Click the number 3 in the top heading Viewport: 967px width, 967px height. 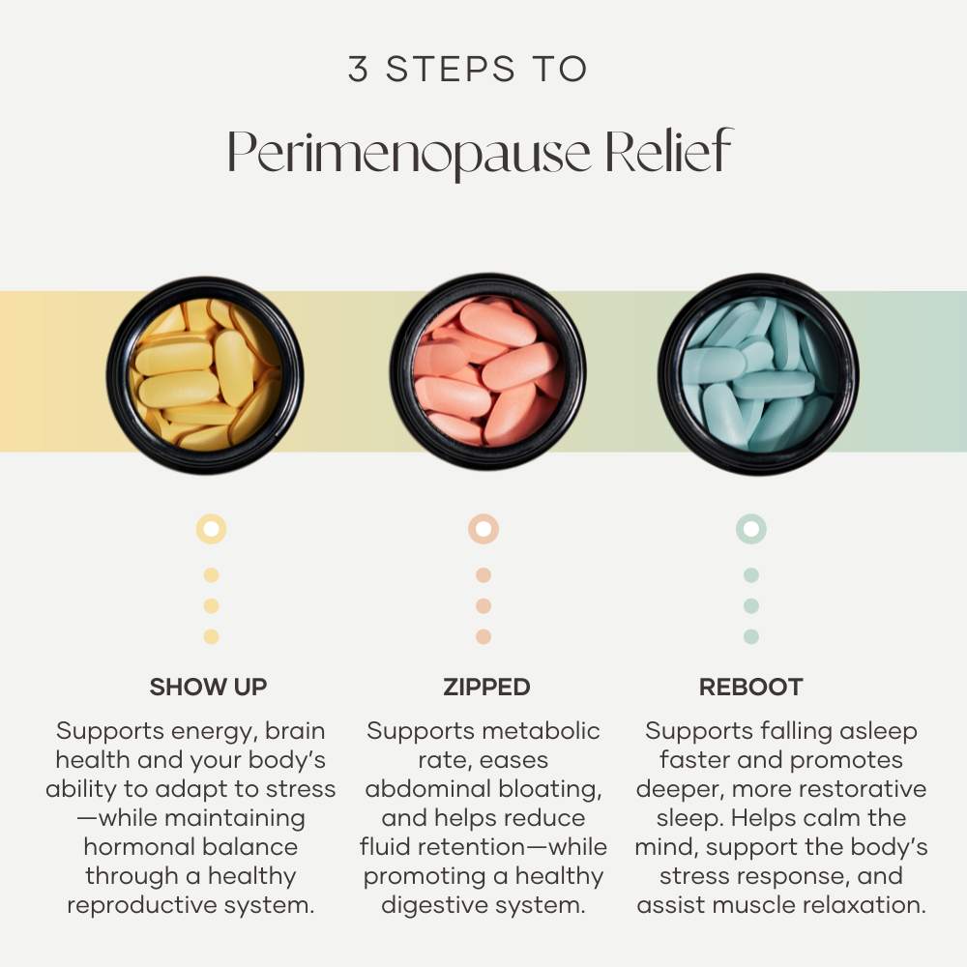pos(359,69)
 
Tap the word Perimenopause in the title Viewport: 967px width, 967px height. pos(409,153)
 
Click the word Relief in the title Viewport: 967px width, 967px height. pos(668,150)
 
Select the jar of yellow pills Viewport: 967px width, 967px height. pos(205,375)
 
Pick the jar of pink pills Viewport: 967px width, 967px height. pos(487,371)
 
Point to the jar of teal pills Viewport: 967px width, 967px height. pos(758,374)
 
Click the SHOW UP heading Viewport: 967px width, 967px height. pos(209,687)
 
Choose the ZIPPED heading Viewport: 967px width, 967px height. pos(486,687)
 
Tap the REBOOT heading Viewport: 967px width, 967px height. pos(751,687)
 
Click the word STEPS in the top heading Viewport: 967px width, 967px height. pos(451,69)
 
